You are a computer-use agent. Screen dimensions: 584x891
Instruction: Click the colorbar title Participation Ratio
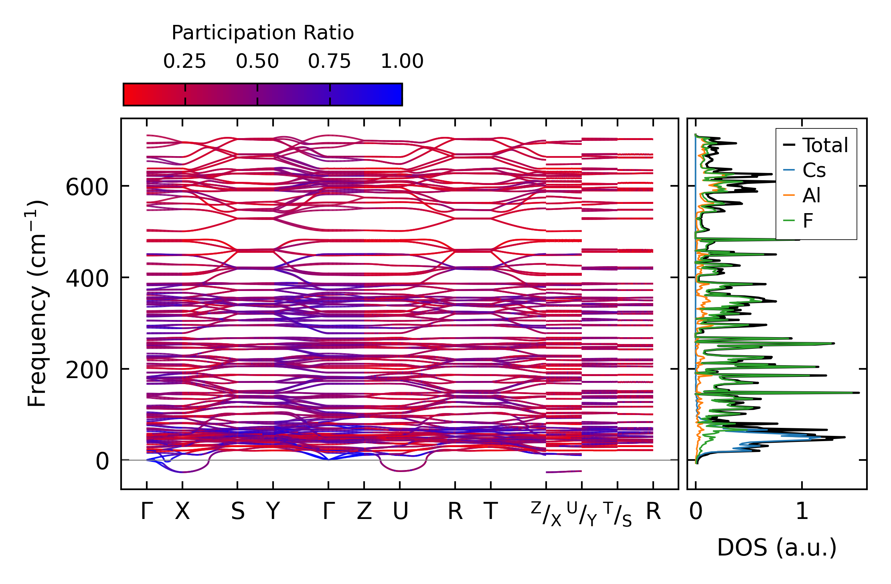(263, 33)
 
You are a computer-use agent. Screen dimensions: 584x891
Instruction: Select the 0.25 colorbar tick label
(184, 61)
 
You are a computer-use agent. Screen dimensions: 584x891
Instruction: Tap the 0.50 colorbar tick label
(257, 61)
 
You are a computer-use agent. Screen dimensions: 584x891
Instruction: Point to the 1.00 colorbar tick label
(402, 61)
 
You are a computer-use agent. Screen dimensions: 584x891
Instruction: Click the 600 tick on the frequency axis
(87, 187)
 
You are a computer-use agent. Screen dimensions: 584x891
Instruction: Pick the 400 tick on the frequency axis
(87, 278)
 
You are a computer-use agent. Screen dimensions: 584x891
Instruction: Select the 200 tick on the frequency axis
(87, 370)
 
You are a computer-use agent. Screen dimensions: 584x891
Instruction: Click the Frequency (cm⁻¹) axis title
(37, 303)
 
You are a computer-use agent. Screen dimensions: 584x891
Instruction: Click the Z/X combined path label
(546, 514)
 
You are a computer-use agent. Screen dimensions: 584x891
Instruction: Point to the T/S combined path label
(618, 514)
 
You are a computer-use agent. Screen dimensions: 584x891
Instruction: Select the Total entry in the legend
(824, 145)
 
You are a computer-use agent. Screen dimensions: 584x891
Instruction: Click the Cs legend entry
(814, 171)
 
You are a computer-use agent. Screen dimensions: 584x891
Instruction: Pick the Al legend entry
(811, 196)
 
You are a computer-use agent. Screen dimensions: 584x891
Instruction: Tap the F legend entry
(808, 221)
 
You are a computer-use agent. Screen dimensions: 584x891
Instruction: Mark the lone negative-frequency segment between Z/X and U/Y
(564, 472)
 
